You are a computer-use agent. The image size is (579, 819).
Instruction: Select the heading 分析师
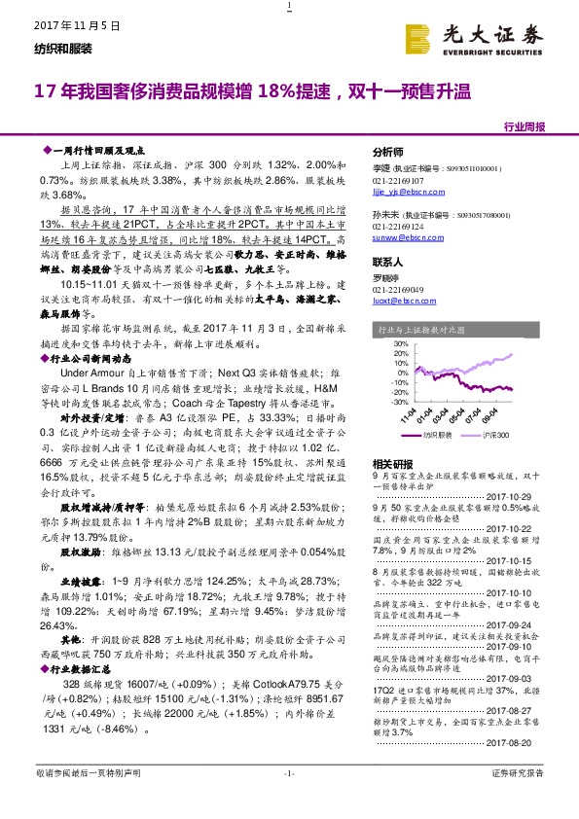(x=388, y=154)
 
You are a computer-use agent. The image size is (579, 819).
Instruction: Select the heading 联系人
(x=388, y=263)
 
